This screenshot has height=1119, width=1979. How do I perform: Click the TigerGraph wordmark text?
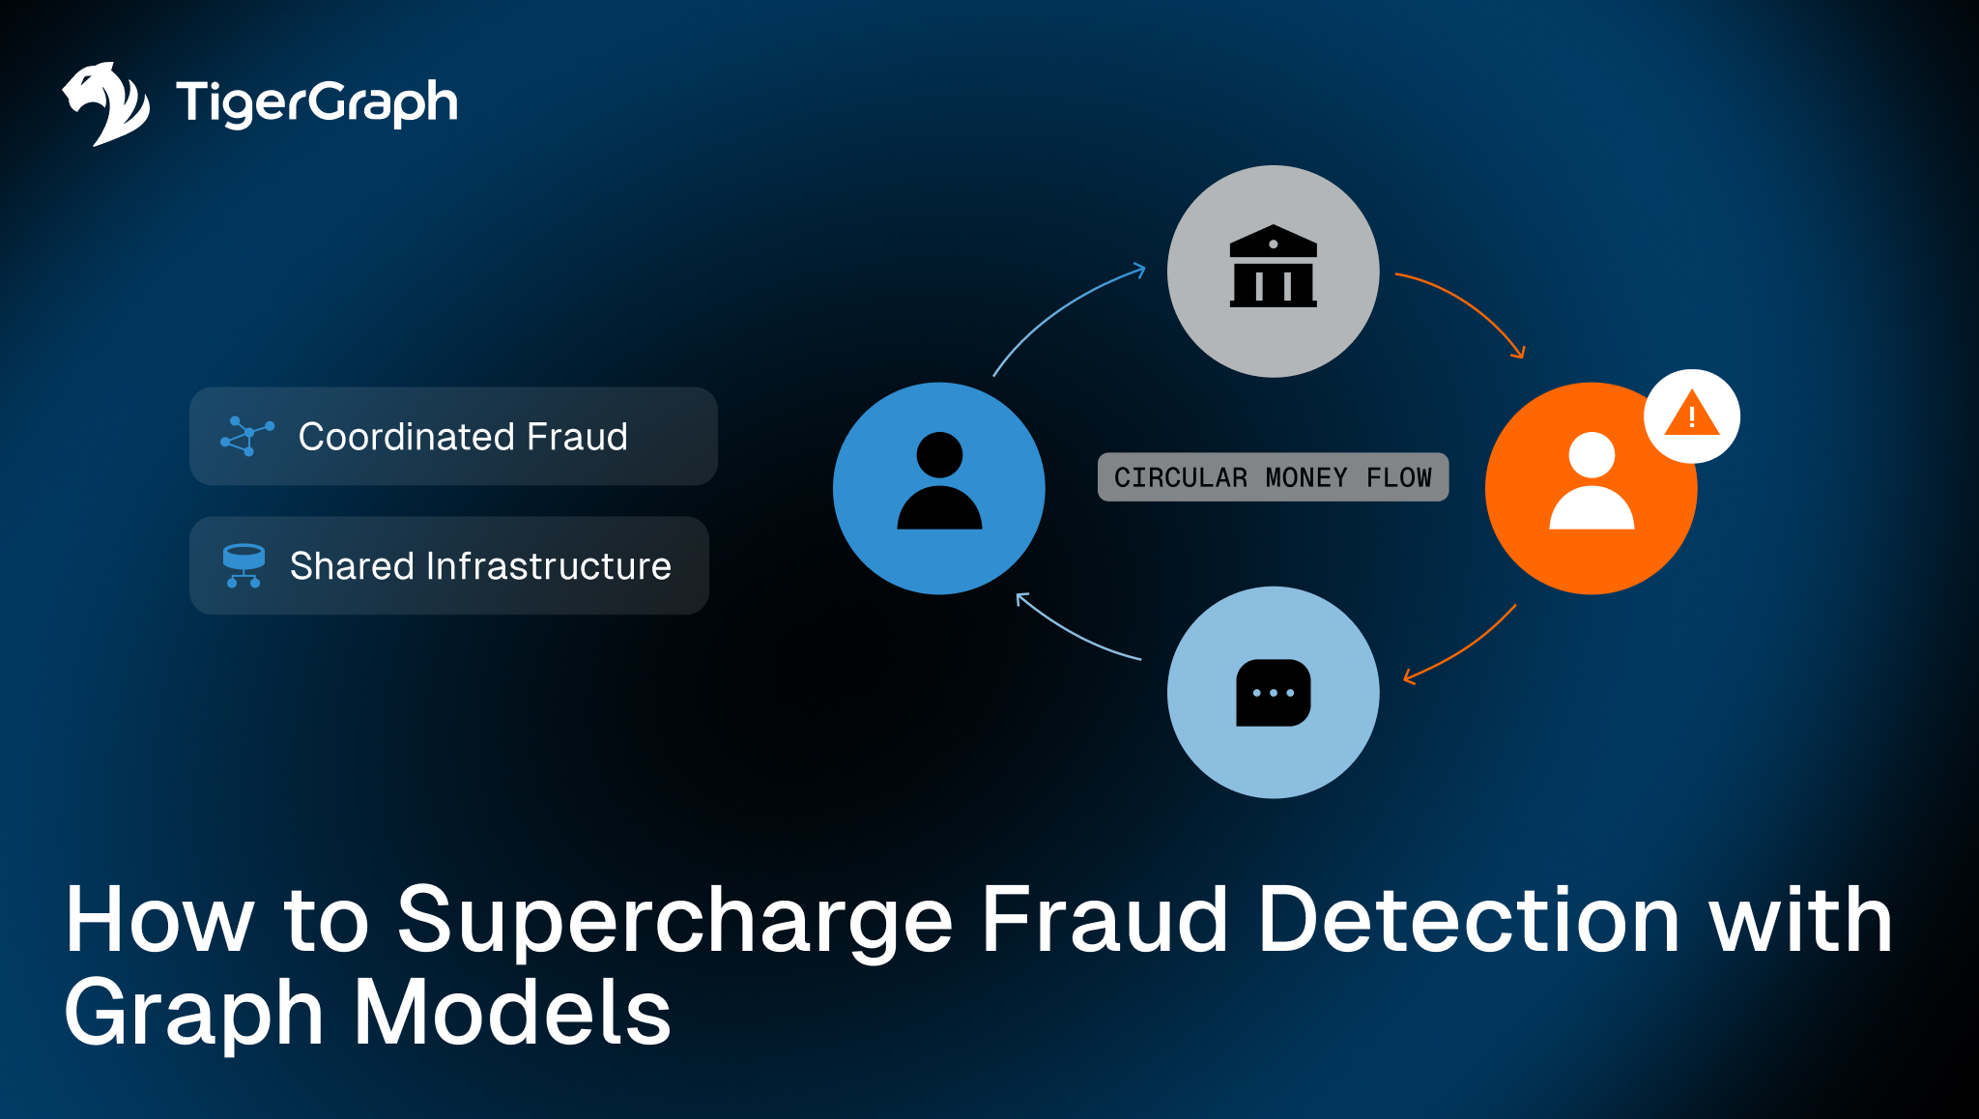[x=316, y=102]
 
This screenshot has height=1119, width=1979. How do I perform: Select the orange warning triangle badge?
[x=1691, y=416]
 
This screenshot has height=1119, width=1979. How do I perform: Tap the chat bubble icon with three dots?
[x=1273, y=692]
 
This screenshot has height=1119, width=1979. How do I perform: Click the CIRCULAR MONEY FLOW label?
[x=1273, y=477]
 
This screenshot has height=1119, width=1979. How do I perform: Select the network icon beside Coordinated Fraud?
[x=247, y=436]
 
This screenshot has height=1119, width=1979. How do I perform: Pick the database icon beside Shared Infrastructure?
[x=244, y=565]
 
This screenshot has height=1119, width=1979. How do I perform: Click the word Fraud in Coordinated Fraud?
[x=577, y=437]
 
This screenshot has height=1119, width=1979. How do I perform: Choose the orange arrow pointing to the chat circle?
[x=1462, y=647]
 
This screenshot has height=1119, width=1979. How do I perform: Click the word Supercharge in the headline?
[x=674, y=920]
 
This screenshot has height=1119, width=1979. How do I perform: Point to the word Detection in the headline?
[x=1469, y=920]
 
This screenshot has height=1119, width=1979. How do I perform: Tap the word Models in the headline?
[x=512, y=1013]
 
